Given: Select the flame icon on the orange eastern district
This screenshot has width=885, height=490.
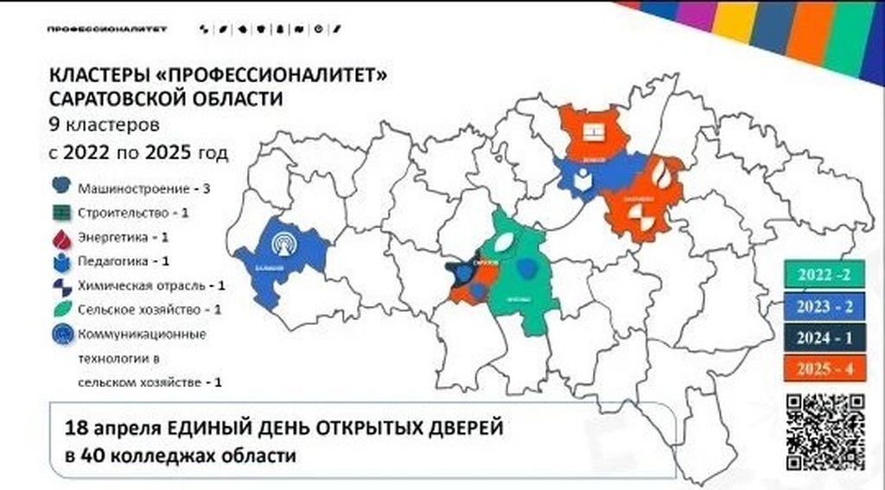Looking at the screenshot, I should [x=661, y=173].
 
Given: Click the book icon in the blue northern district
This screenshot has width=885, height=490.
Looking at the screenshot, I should [x=585, y=180].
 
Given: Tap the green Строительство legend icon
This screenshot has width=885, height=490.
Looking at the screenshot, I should [x=60, y=212].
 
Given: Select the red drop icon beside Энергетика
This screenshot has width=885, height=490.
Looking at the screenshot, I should [x=60, y=236].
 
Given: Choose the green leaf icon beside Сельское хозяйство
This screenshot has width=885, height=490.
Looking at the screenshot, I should [x=60, y=309].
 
